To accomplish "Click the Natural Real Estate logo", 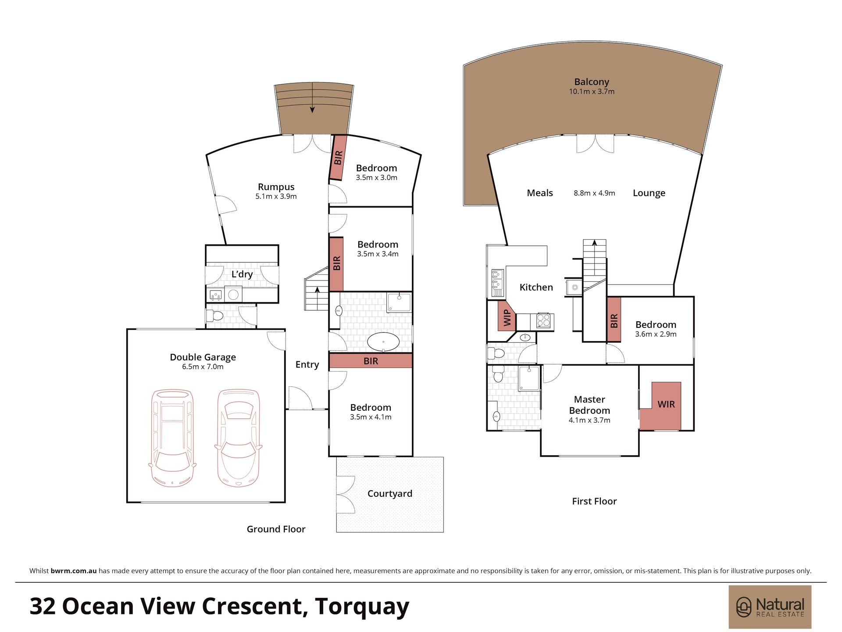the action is click(x=770, y=607).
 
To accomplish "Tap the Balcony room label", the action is click(x=592, y=82).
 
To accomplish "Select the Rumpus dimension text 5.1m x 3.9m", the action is click(x=276, y=196).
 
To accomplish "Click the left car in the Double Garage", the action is click(x=172, y=438).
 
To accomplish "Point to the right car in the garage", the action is click(x=239, y=438).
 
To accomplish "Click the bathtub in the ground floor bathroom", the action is click(x=383, y=342).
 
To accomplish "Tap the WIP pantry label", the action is click(x=507, y=318).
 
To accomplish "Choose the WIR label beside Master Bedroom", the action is click(x=666, y=404).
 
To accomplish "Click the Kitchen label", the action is click(x=536, y=287).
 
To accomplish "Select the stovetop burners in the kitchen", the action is click(x=543, y=321).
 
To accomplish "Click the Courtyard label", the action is click(x=390, y=494).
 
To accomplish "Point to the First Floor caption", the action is click(x=594, y=501).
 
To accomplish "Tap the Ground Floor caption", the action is click(x=276, y=529).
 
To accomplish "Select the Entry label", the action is click(x=307, y=364).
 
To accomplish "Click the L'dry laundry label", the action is click(x=242, y=274).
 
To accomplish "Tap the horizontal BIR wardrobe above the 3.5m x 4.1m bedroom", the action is click(x=371, y=361).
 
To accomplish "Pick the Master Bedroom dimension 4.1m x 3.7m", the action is click(x=589, y=420).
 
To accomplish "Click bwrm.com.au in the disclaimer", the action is click(x=74, y=571).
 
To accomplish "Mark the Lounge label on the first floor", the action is click(x=649, y=193).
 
